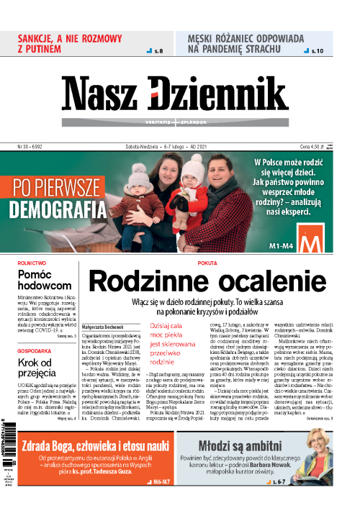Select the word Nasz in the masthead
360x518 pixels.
(104, 94)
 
